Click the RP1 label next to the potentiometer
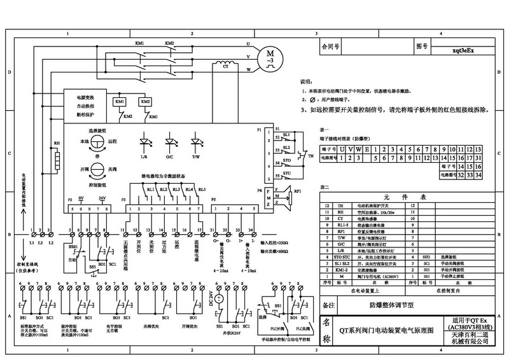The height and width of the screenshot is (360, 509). [x=297, y=190]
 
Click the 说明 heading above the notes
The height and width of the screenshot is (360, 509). [x=306, y=83]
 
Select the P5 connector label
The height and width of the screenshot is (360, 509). [x=214, y=200]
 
